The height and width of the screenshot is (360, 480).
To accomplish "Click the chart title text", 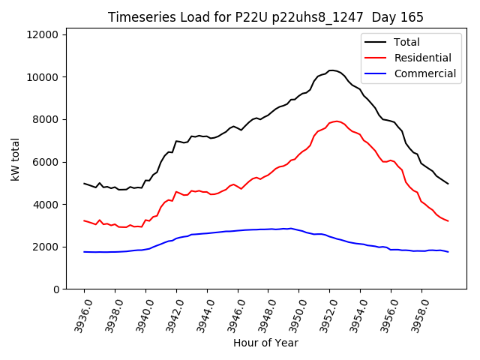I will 265,17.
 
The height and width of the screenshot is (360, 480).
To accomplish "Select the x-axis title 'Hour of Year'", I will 265,343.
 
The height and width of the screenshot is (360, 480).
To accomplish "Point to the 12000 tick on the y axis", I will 43,34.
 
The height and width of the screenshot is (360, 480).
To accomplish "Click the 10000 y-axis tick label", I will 43,77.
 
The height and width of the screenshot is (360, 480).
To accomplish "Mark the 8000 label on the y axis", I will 46,119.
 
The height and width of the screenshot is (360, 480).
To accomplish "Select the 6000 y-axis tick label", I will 46,162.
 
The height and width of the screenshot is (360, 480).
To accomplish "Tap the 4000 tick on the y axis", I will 46,205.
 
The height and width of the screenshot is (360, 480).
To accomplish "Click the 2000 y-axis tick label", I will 46,247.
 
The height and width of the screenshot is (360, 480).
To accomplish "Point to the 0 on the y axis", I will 56,289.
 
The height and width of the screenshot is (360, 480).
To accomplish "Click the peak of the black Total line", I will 331,70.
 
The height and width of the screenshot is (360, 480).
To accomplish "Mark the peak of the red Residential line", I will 337,121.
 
